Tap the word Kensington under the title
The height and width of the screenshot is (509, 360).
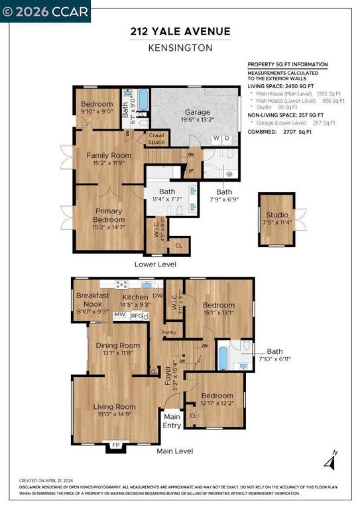tap(180, 47)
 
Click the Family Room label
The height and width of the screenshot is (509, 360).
tap(109, 155)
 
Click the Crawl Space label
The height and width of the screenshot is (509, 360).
tap(156, 139)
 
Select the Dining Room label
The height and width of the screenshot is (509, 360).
tap(118, 345)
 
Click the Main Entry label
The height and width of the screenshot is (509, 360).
tap(172, 421)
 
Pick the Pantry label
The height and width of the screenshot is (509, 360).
tap(170, 332)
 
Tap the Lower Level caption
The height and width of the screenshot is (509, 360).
tap(155, 264)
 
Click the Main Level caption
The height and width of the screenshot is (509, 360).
tap(174, 451)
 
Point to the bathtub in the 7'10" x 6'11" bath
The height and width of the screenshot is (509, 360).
tap(223, 357)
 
